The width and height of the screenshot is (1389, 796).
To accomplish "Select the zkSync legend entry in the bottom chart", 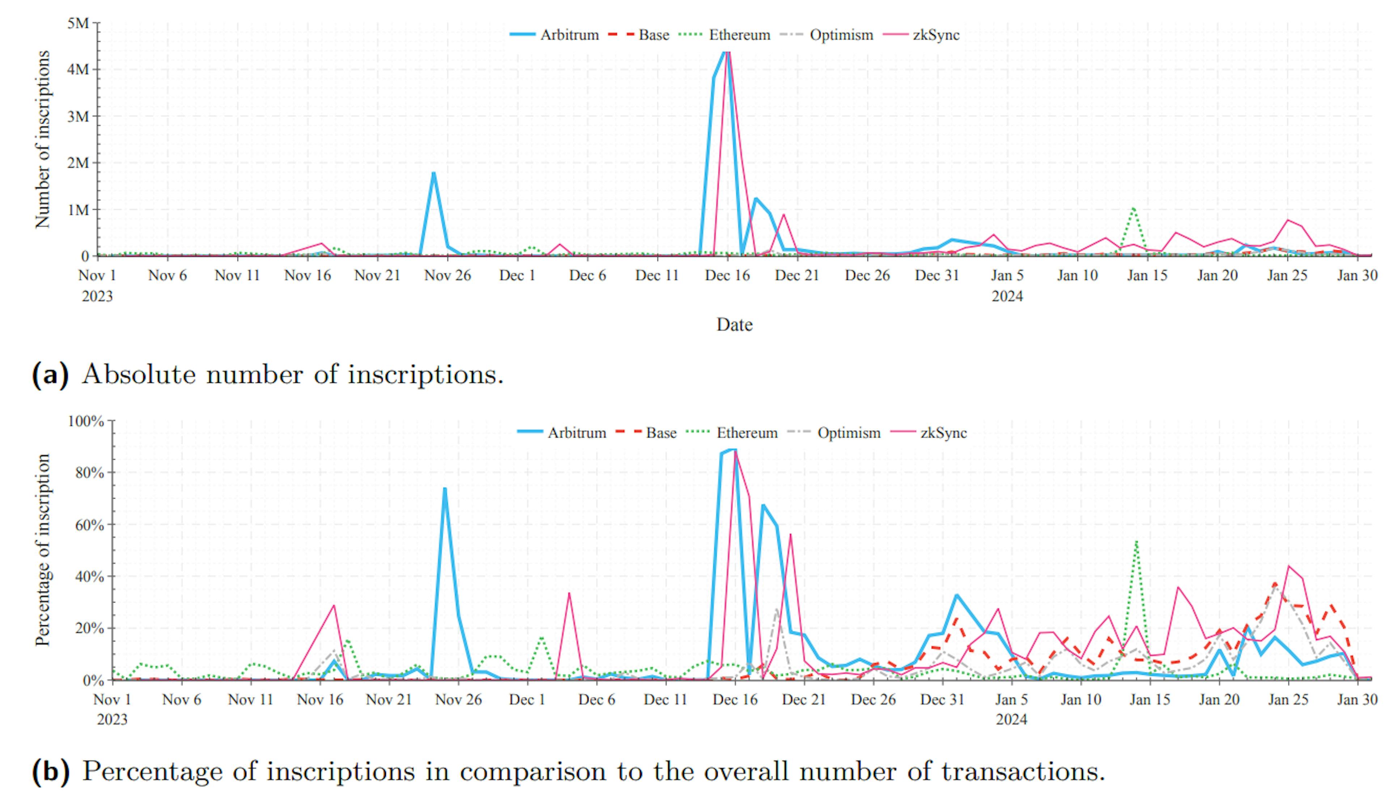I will pyautogui.click(x=943, y=433).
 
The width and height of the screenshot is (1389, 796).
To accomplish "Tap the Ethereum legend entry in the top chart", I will pyautogui.click(x=739, y=35).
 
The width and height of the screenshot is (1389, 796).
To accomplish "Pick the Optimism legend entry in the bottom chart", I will pyautogui.click(x=849, y=433).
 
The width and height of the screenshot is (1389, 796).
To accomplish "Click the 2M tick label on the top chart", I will pyautogui.click(x=78, y=163).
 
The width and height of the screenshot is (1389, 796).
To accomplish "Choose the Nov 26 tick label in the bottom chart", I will pyautogui.click(x=458, y=700).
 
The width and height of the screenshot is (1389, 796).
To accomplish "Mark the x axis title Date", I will pyautogui.click(x=734, y=325).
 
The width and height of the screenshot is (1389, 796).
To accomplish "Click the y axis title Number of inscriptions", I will pyautogui.click(x=43, y=139).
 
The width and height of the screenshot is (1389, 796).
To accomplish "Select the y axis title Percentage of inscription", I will pyautogui.click(x=43, y=550).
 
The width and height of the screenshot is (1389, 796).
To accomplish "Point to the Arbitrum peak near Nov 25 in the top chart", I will pyautogui.click(x=433, y=173).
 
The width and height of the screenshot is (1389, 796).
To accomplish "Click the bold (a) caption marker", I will pyautogui.click(x=50, y=375).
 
